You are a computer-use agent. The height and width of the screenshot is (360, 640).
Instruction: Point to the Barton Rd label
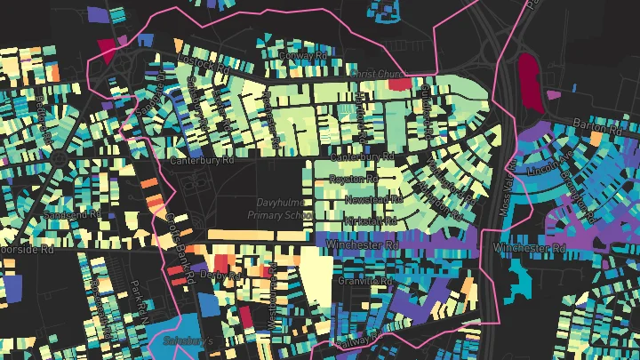tap(594, 123)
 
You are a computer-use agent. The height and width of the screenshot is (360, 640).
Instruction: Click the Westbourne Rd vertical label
tap(273, 302)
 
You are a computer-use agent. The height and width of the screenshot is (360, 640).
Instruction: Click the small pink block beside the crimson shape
tap(554, 94)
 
